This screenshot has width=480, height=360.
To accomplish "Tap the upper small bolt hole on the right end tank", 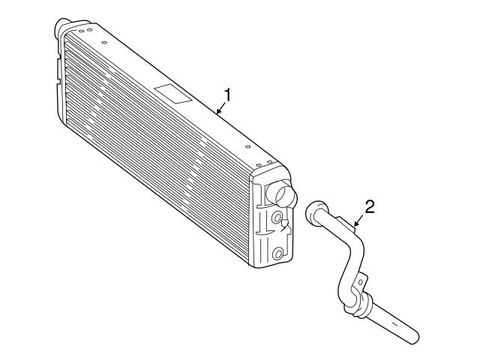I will (277, 217).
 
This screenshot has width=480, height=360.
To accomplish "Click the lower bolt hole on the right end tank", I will (279, 254).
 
